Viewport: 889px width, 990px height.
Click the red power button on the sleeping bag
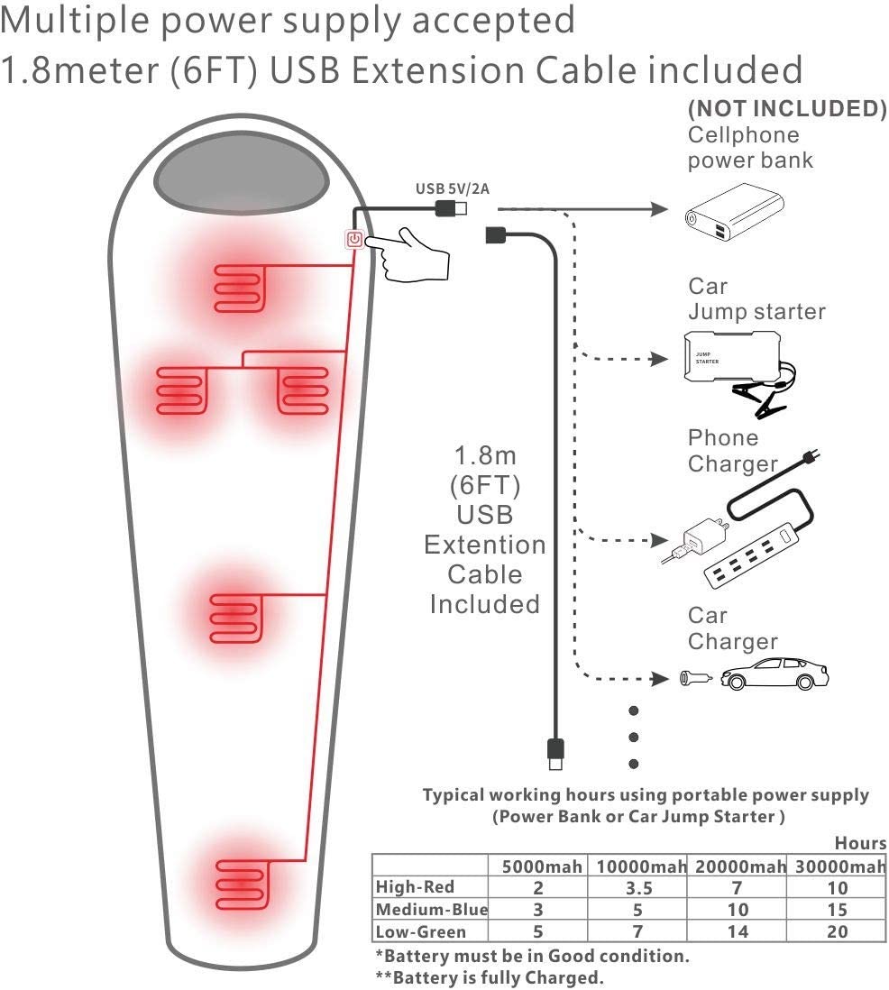(355, 240)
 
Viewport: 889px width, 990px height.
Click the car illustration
(775, 674)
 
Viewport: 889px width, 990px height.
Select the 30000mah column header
(839, 866)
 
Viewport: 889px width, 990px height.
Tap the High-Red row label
(416, 887)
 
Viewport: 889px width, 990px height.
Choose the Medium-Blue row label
(431, 909)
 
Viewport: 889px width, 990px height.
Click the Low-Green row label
(421, 931)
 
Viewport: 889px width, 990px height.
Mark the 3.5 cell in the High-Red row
(637, 888)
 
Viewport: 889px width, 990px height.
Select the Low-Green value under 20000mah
(738, 932)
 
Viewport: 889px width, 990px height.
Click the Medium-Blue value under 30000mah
(838, 910)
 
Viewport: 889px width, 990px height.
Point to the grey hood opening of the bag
(241, 172)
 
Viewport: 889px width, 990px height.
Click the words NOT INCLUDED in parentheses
(787, 109)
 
